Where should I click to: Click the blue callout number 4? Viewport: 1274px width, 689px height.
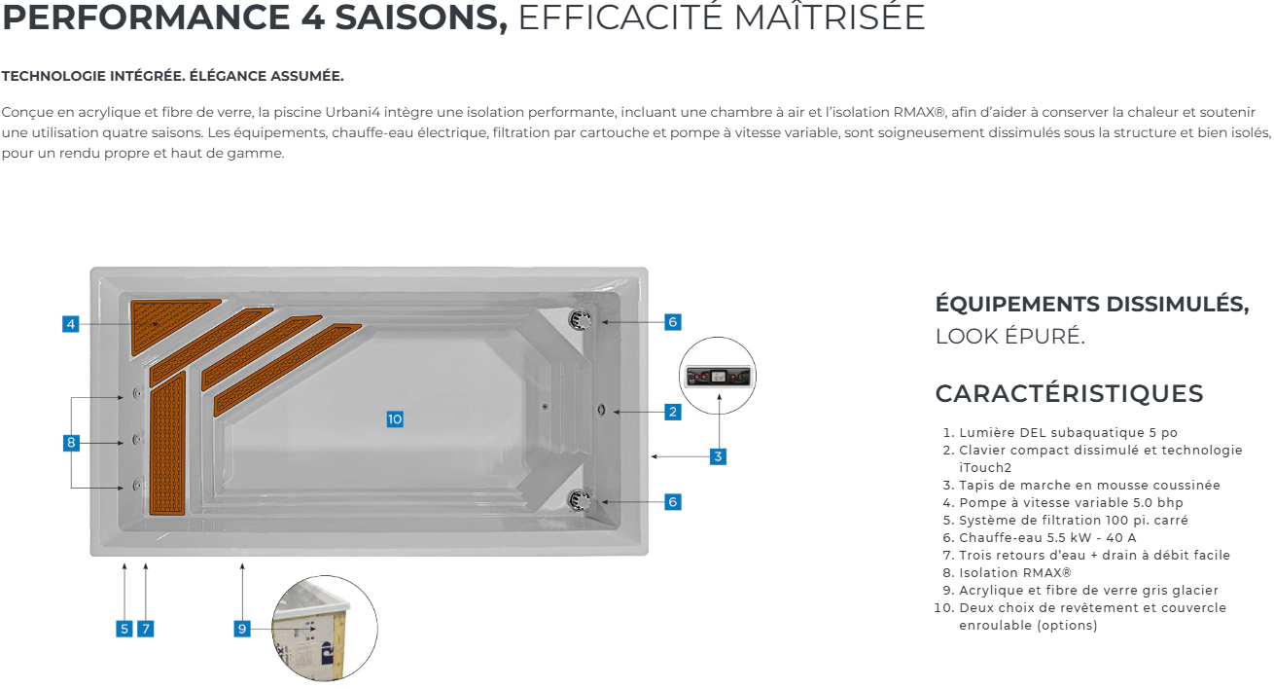pyautogui.click(x=71, y=324)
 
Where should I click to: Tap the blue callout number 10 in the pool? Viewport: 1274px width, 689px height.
pyautogui.click(x=395, y=419)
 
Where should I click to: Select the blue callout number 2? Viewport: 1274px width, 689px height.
pyautogui.click(x=673, y=412)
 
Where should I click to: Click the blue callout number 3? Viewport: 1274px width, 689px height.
pyautogui.click(x=718, y=456)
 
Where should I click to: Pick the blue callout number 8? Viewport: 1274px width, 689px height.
pyautogui.click(x=71, y=443)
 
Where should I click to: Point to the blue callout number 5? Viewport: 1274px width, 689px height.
pyautogui.click(x=124, y=629)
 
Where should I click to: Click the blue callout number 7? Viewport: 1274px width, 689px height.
pyautogui.click(x=146, y=629)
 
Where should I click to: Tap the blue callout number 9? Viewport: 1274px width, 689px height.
pyautogui.click(x=242, y=629)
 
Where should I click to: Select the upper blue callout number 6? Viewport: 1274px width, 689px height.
pyautogui.click(x=673, y=322)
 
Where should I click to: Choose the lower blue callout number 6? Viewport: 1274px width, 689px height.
pyautogui.click(x=673, y=502)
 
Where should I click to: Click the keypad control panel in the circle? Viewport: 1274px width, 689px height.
pyautogui.click(x=718, y=376)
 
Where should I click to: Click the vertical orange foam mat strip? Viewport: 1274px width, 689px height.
pyautogui.click(x=167, y=444)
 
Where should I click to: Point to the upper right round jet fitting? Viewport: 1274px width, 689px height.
pyautogui.click(x=581, y=320)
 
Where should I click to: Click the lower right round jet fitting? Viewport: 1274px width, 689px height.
pyautogui.click(x=580, y=500)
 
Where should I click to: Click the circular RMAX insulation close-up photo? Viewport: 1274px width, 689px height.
pyautogui.click(x=325, y=628)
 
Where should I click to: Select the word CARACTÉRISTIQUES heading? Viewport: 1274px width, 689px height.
pyautogui.click(x=1069, y=394)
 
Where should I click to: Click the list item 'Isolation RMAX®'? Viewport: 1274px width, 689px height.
pyautogui.click(x=1015, y=572)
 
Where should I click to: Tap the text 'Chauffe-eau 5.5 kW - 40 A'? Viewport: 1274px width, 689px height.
pyautogui.click(x=1047, y=537)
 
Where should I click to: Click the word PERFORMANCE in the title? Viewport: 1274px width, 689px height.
pyautogui.click(x=146, y=18)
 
